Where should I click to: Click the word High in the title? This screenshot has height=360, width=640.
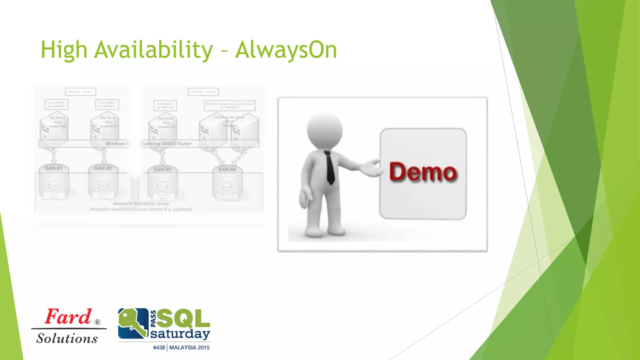pyautogui.click(x=64, y=50)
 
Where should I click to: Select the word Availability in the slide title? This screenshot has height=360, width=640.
pyautogui.click(x=153, y=50)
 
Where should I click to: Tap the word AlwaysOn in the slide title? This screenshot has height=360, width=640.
pyautogui.click(x=286, y=50)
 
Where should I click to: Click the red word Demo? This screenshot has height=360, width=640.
pyautogui.click(x=423, y=172)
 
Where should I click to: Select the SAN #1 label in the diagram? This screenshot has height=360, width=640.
pyautogui.click(x=53, y=168)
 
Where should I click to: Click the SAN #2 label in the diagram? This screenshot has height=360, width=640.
pyautogui.click(x=103, y=168)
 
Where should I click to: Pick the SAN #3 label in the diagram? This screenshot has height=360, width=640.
pyautogui.click(x=162, y=169)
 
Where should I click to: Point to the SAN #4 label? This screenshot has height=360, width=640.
pyautogui.click(x=227, y=169)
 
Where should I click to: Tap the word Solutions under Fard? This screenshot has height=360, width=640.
pyautogui.click(x=67, y=338)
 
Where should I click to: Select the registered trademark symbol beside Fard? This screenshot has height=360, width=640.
pyautogui.click(x=97, y=322)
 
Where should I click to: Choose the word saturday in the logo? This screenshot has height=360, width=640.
pyautogui.click(x=180, y=334)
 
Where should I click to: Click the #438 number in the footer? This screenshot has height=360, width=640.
pyautogui.click(x=159, y=347)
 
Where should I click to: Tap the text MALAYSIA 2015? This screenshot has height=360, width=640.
pyautogui.click(x=189, y=347)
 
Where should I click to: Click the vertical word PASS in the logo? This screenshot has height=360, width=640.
pyautogui.click(x=153, y=319)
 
